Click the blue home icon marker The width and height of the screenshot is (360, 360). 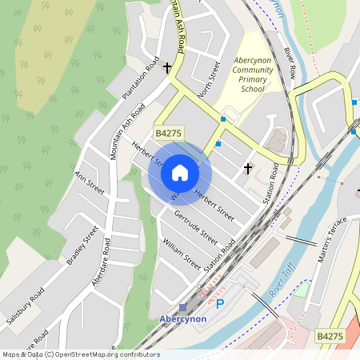coord(180,173)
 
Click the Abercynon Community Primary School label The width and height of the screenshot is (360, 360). coord(253,75)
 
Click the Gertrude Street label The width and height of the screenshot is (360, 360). coord(195,226)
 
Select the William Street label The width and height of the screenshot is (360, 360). coord(181,252)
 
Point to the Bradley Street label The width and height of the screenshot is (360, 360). coord(82,246)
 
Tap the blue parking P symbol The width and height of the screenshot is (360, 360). coord(221,303)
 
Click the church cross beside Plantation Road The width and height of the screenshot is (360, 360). coord(167,69)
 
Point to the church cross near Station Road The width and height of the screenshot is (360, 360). coord(247,168)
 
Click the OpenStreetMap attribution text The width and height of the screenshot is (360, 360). coord(80,354)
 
